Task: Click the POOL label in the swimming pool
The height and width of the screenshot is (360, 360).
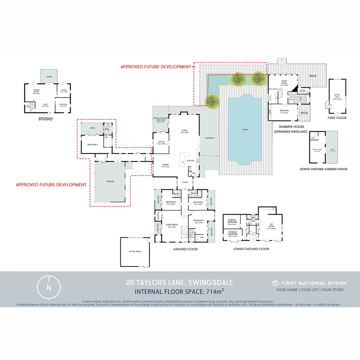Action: click(x=245, y=130)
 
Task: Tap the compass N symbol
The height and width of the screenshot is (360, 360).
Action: click(x=49, y=287)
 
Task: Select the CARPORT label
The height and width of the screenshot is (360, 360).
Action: click(x=110, y=181)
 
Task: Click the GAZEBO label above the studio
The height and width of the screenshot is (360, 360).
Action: click(x=49, y=72)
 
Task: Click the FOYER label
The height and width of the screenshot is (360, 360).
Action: click(x=185, y=182)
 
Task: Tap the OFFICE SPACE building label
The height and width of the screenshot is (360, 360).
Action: click(x=135, y=251)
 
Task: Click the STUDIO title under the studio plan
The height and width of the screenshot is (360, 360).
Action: click(x=46, y=119)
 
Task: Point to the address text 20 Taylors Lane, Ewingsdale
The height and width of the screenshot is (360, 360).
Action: click(x=180, y=283)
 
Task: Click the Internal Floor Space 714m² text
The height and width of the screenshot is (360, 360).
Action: click(x=179, y=292)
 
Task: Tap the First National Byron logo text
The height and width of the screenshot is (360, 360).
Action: click(x=313, y=283)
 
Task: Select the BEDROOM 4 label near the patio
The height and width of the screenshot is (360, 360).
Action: click(x=92, y=145)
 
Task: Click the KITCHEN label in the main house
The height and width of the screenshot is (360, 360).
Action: click(x=190, y=161)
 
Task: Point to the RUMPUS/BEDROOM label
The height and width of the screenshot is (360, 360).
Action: click(x=232, y=221)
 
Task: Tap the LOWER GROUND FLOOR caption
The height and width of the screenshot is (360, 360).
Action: click(x=251, y=249)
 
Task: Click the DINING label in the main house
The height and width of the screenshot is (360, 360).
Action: click(x=165, y=165)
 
